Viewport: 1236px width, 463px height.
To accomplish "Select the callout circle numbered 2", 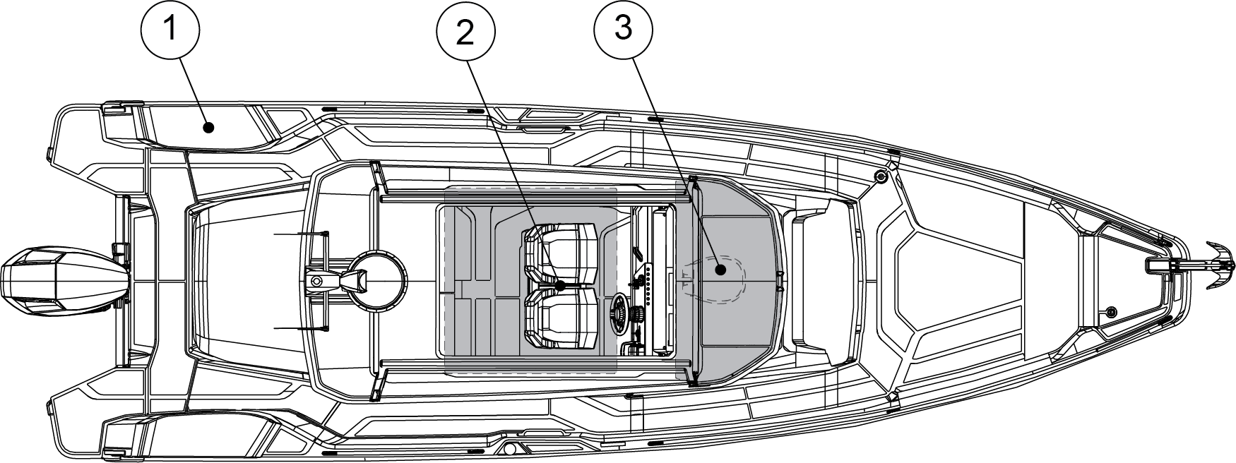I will tap(465, 31).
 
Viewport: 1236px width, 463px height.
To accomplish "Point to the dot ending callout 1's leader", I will tap(208, 128).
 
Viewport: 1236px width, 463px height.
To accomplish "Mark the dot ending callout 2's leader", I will tap(560, 287).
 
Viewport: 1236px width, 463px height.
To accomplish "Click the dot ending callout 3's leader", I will tap(720, 269).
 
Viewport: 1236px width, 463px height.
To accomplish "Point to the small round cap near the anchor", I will tap(1111, 311).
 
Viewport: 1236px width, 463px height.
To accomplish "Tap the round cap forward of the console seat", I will tap(879, 176).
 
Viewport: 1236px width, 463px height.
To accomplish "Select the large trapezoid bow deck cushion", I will tap(957, 281).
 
